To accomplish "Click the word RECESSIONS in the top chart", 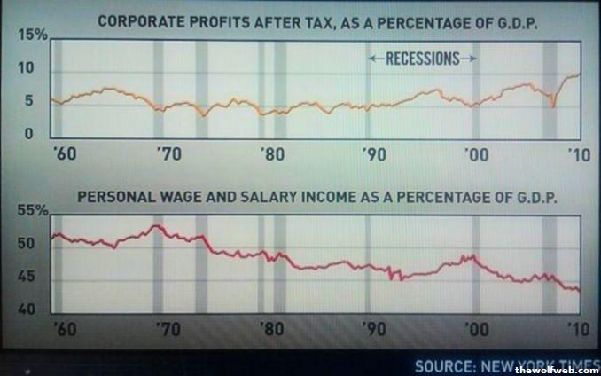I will click(x=422, y=59).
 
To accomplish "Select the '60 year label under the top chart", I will click(x=64, y=153).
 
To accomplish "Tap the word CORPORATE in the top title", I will click(x=137, y=18).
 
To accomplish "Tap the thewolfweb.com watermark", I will click(x=565, y=370).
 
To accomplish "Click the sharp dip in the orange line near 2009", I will click(x=553, y=106).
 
